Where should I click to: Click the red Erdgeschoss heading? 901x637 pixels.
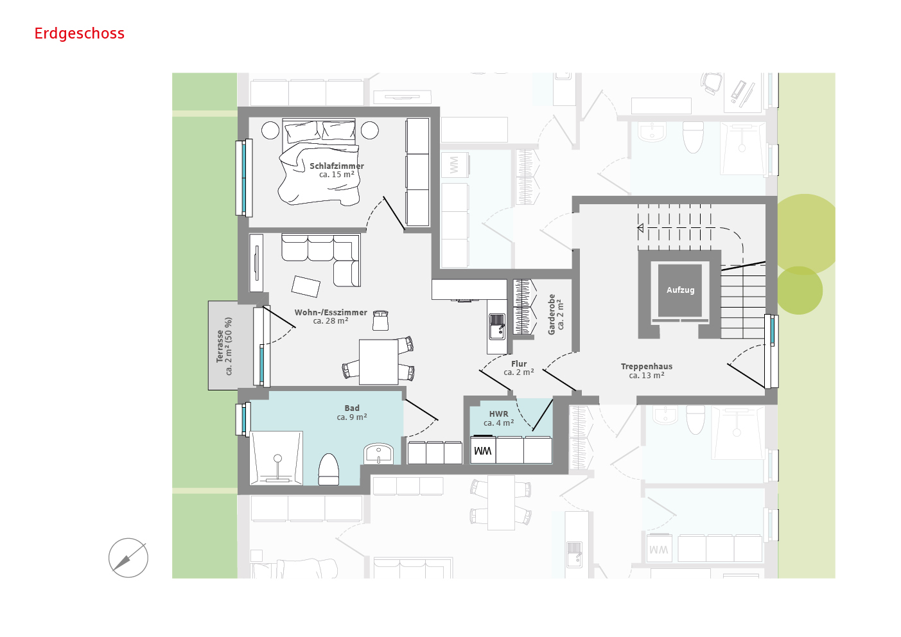click(x=79, y=33)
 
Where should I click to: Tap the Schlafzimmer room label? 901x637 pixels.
click(x=337, y=170)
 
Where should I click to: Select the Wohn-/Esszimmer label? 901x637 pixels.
click(x=331, y=317)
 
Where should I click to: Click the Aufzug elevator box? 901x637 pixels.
click(x=680, y=290)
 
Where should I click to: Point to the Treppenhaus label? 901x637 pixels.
click(x=647, y=371)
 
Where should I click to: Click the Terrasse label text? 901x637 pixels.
click(x=224, y=346)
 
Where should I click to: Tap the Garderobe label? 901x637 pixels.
click(x=555, y=315)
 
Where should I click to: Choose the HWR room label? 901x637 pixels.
click(x=499, y=418)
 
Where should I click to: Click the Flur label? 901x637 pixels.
click(x=519, y=368)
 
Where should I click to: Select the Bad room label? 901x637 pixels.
click(x=352, y=413)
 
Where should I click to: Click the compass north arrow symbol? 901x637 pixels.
click(x=128, y=558)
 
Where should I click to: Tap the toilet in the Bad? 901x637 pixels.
click(x=329, y=469)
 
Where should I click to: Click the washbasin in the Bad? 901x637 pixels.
click(x=378, y=454)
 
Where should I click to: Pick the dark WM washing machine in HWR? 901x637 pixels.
click(x=483, y=450)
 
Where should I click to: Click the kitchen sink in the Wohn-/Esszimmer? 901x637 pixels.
click(x=497, y=326)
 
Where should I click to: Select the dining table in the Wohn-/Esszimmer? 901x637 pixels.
click(x=378, y=362)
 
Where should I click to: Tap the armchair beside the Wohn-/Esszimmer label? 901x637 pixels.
click(x=380, y=320)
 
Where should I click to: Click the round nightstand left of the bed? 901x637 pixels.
click(x=270, y=130)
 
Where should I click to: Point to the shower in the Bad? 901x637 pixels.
click(x=276, y=458)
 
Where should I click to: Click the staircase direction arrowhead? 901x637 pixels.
click(x=640, y=228)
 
